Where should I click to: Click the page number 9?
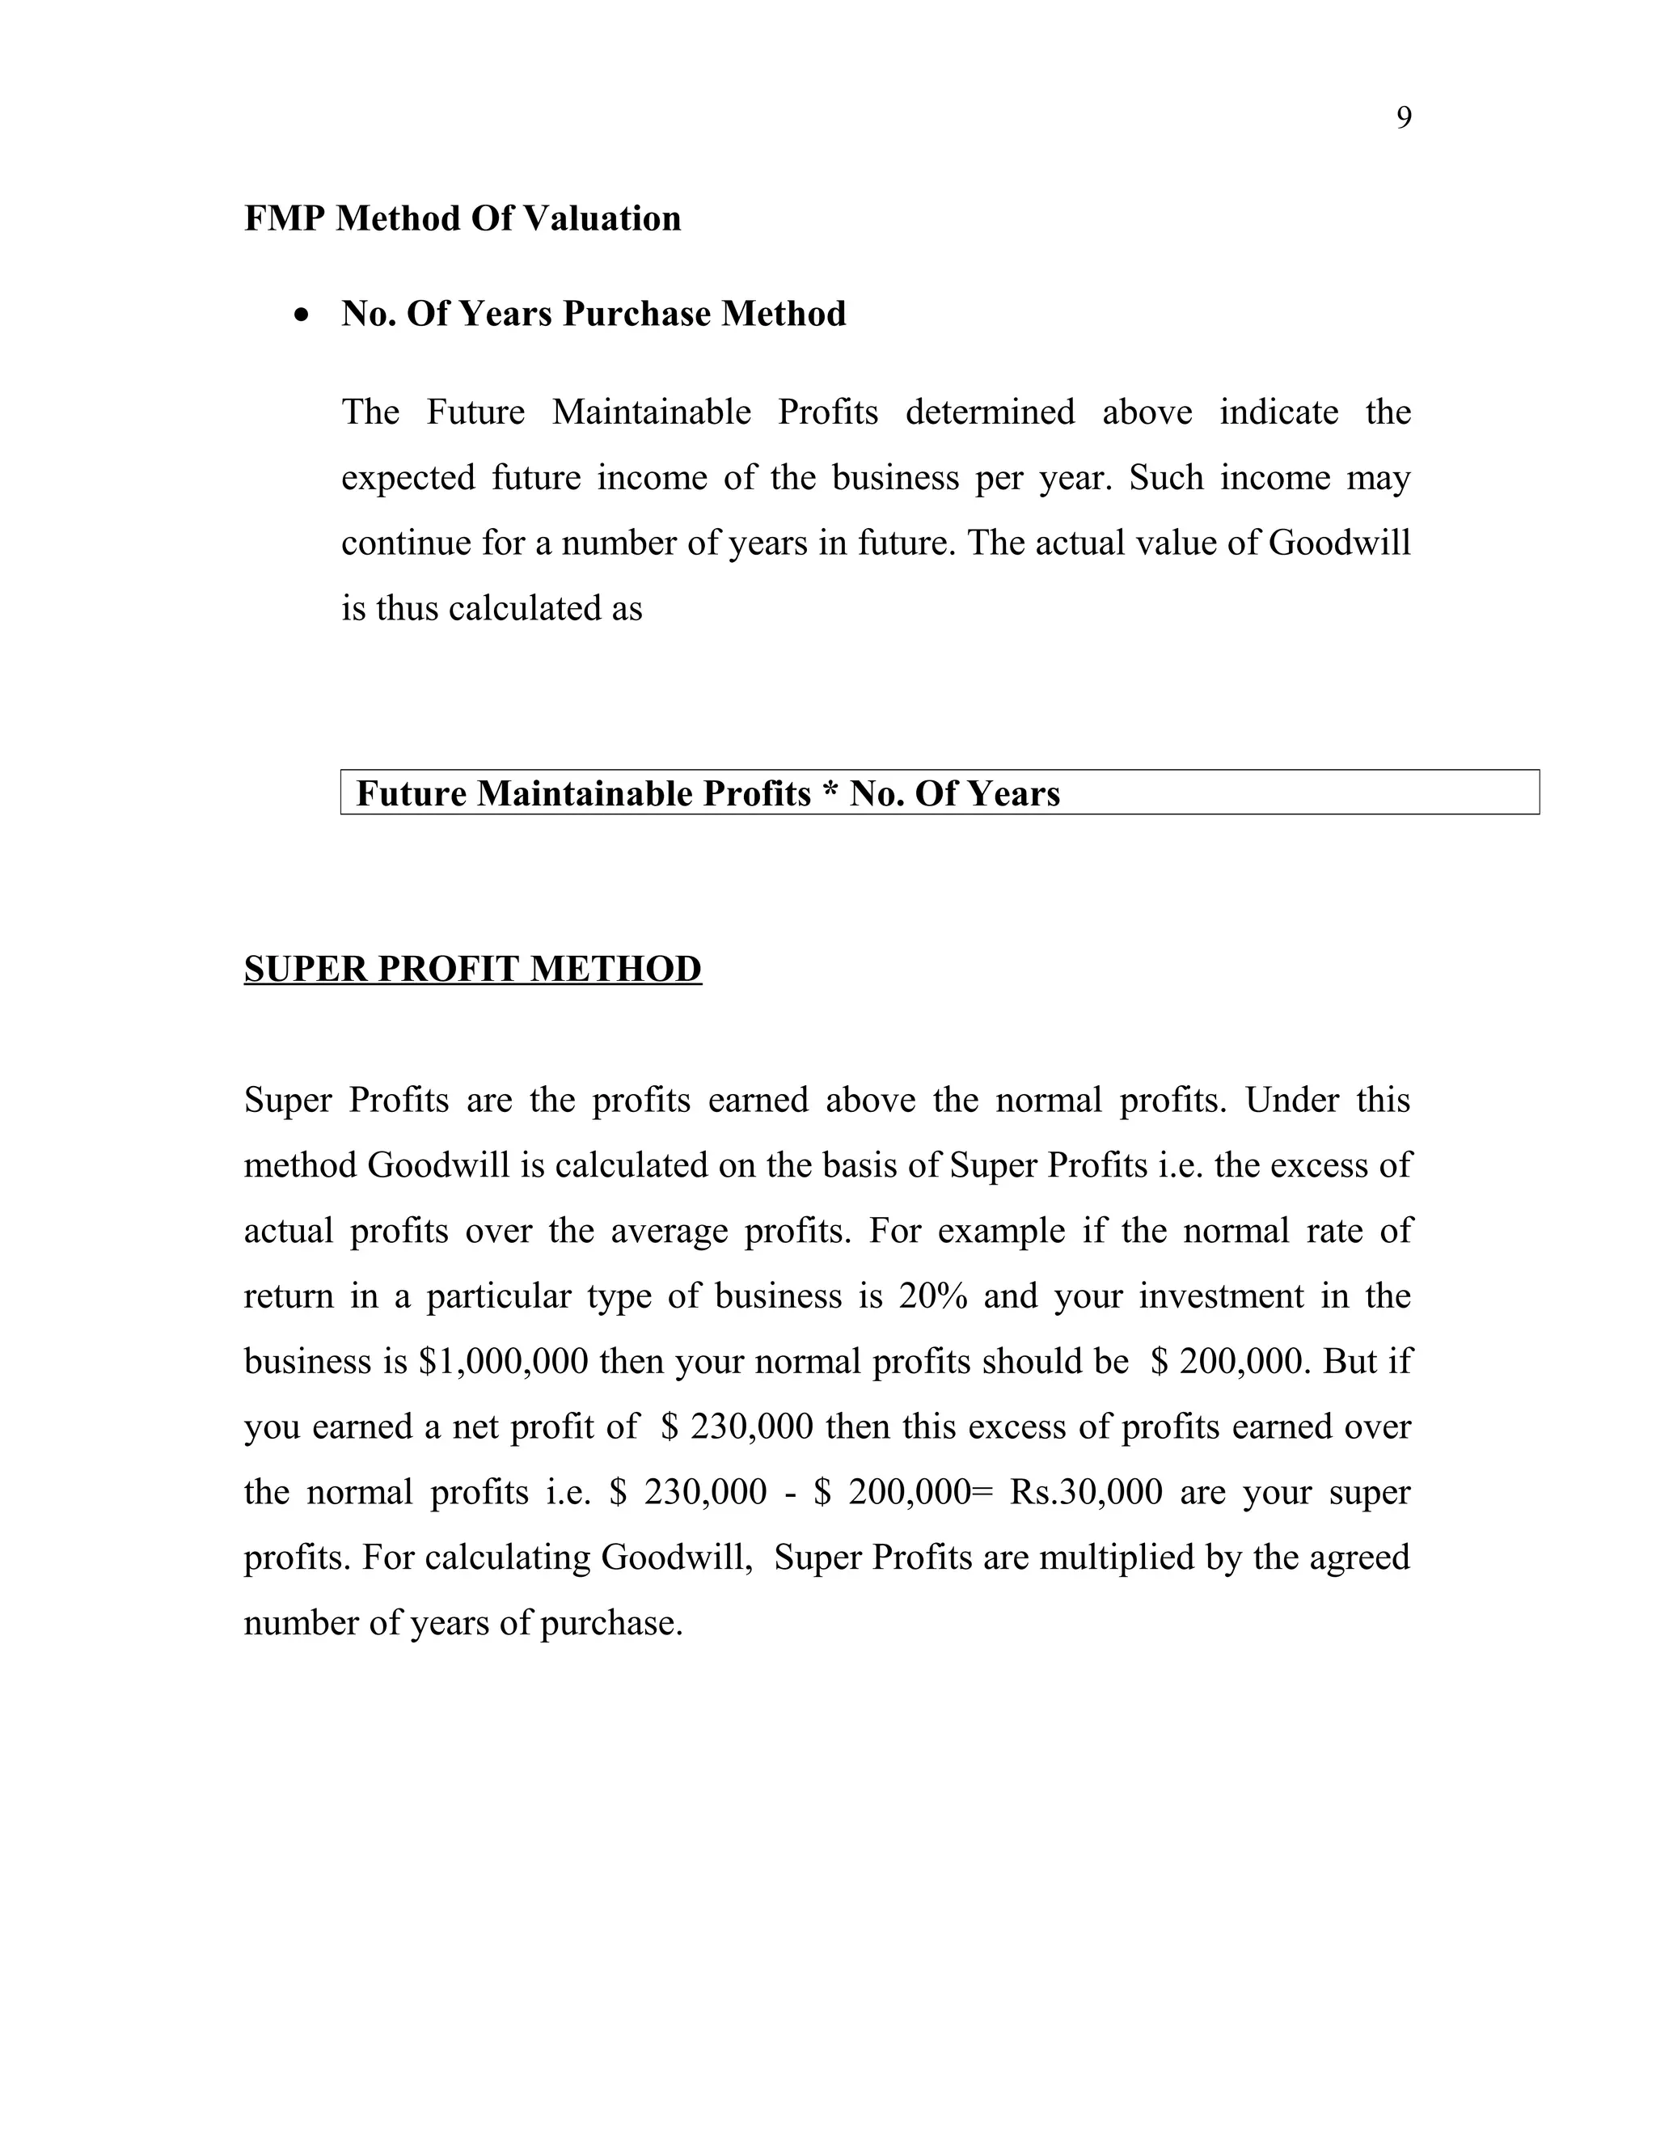click(x=1404, y=119)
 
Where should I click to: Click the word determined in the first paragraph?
click(x=989, y=412)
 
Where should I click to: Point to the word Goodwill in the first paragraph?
click(x=1339, y=543)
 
